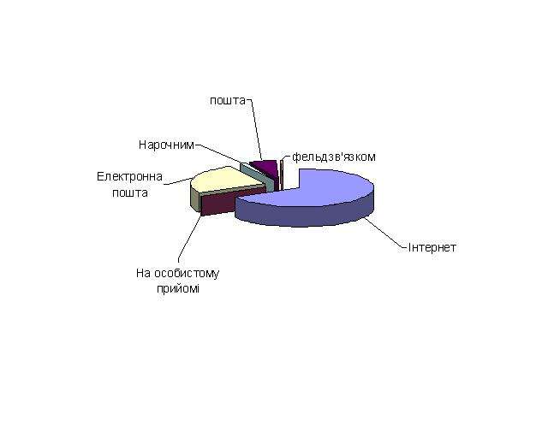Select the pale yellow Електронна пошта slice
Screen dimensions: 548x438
click(223, 181)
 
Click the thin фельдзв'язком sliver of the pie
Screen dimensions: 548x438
click(282, 175)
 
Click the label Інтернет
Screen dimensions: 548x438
click(432, 247)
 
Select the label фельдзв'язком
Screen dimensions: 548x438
click(334, 157)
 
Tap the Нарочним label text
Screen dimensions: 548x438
click(166, 145)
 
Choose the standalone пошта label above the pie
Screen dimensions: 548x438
click(228, 101)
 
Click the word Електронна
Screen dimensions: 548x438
click(129, 176)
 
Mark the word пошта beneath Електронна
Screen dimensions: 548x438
click(130, 192)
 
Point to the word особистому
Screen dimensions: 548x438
click(187, 273)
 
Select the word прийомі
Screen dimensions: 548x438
click(178, 289)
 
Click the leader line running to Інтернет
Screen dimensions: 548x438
click(386, 234)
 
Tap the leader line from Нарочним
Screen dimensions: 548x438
click(218, 153)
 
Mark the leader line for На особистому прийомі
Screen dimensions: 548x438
click(190, 238)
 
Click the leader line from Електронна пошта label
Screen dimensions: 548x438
click(177, 181)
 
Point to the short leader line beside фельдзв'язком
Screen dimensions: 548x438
click(285, 157)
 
